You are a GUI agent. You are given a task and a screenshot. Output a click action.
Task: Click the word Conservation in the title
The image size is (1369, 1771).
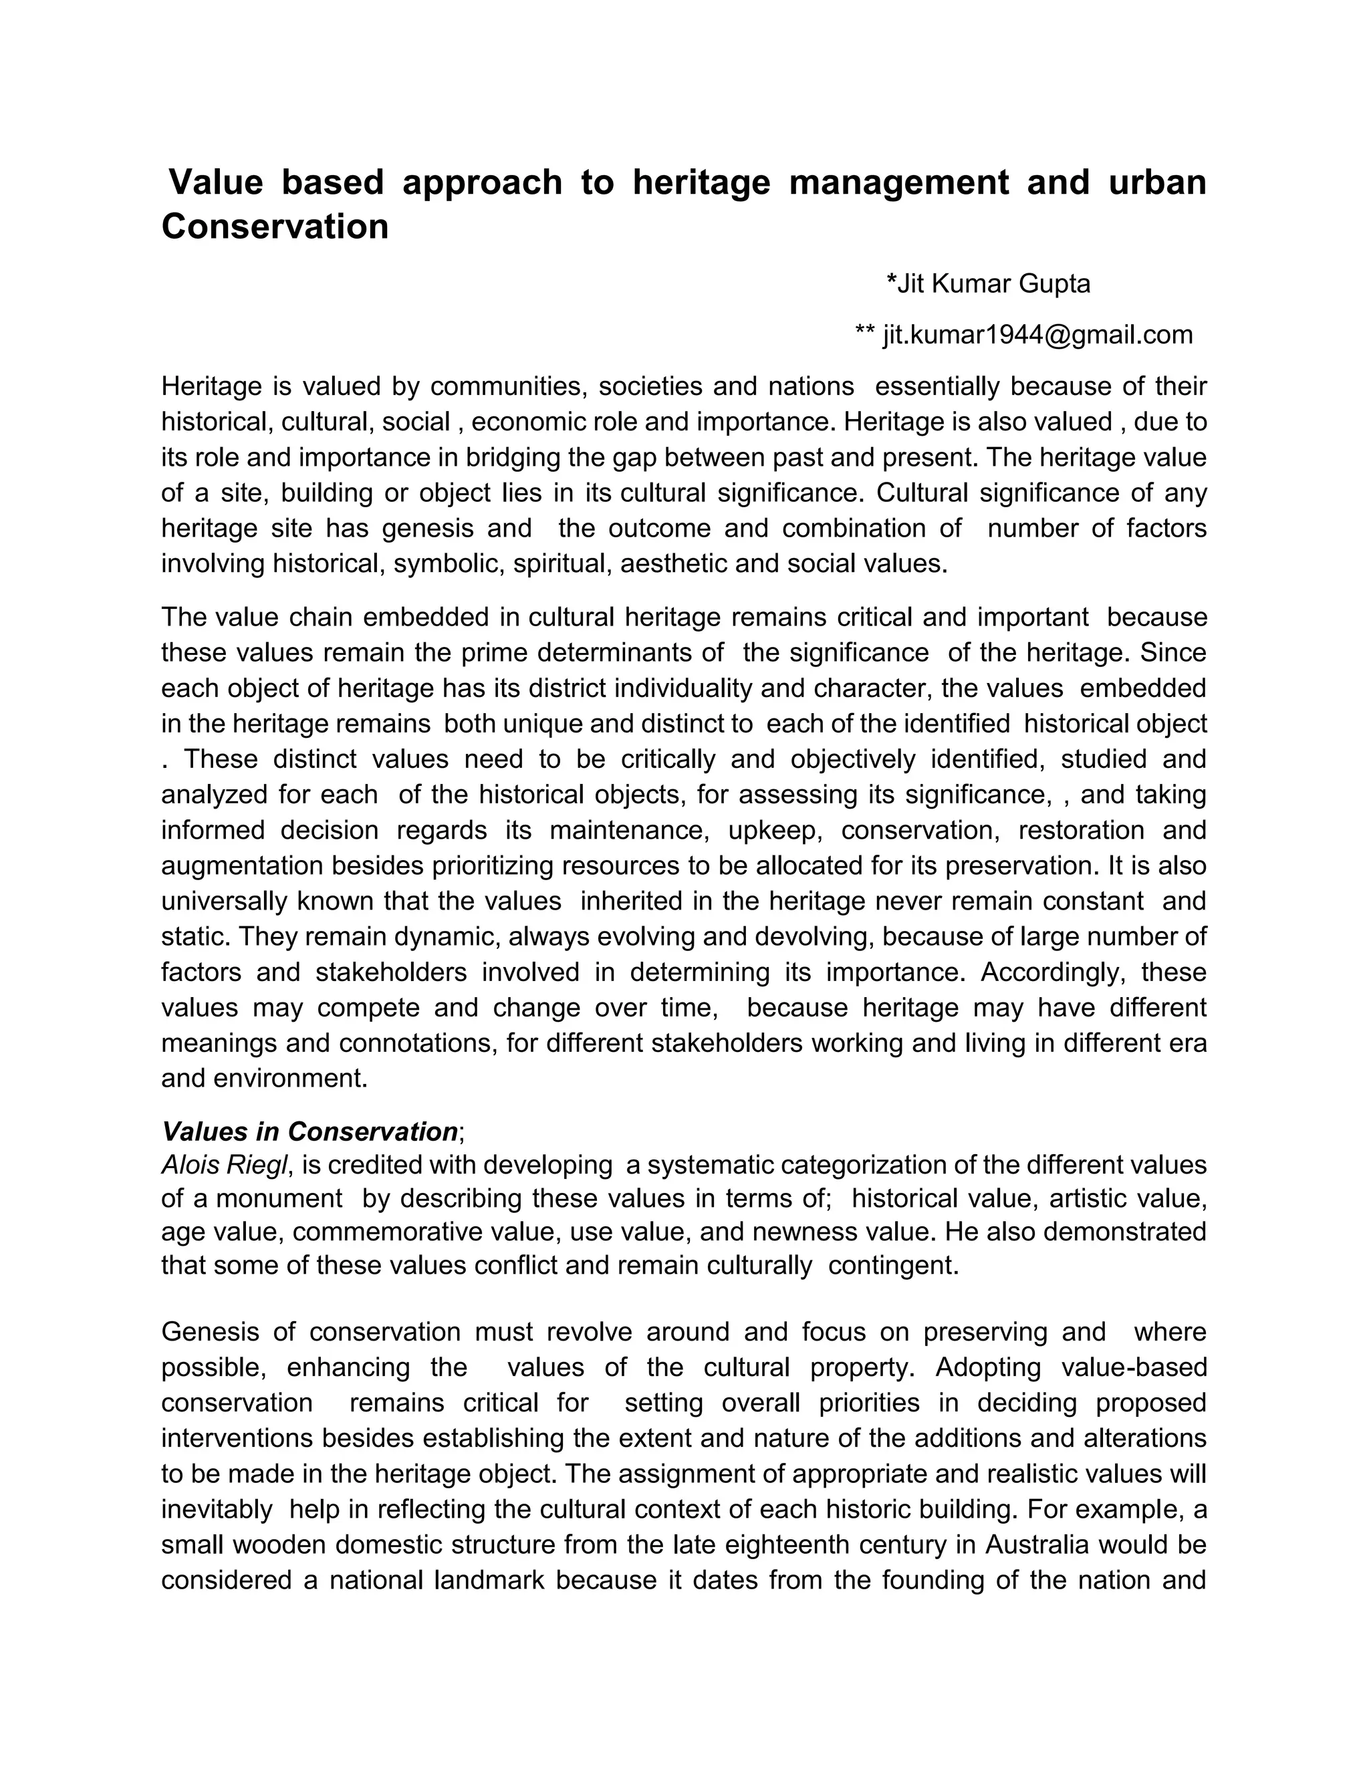[x=275, y=227]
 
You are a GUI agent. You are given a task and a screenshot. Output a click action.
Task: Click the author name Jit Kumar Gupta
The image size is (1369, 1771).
[x=988, y=284]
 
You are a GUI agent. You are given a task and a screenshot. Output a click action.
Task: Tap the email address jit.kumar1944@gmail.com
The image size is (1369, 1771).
[x=1037, y=335]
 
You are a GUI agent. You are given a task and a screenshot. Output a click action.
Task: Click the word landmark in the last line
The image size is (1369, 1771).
[x=489, y=1580]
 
